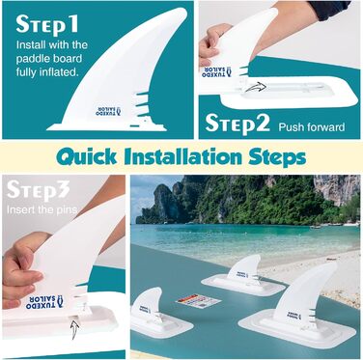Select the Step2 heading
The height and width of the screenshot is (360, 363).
237,124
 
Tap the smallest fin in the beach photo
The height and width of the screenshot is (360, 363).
151,307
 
